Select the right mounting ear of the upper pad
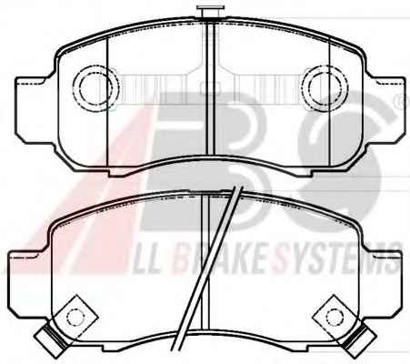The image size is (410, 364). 385,110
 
